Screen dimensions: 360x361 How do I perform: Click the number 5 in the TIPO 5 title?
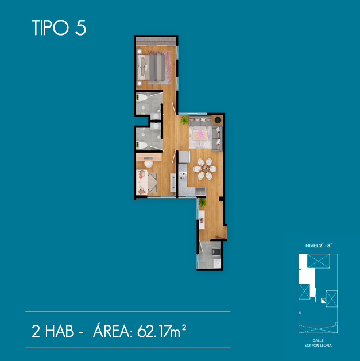click(x=80, y=28)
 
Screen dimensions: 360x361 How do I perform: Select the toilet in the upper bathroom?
click(x=141, y=98)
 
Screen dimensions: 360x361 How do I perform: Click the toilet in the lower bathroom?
click(x=141, y=145)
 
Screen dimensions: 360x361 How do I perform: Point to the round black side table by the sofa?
click(x=218, y=120)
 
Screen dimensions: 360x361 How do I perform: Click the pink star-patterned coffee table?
click(x=200, y=134)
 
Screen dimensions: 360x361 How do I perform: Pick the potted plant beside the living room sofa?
click(x=184, y=120)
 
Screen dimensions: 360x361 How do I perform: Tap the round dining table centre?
click(x=205, y=169)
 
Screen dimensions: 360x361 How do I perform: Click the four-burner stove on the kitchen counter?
click(x=183, y=176)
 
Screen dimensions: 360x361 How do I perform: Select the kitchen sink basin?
click(x=200, y=191)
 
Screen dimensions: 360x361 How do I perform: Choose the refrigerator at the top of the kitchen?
click(x=184, y=157)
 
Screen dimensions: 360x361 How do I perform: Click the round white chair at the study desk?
click(x=148, y=164)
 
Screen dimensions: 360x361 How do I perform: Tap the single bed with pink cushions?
click(x=142, y=182)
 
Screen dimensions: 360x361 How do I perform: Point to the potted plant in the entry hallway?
click(x=203, y=202)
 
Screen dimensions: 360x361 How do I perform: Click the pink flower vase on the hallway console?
click(x=202, y=220)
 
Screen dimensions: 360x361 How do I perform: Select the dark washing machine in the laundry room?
click(x=216, y=251)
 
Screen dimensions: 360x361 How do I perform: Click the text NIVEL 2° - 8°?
click(x=318, y=246)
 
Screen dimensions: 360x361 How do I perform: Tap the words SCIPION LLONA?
click(x=318, y=346)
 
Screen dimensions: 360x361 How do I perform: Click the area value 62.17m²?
click(x=161, y=331)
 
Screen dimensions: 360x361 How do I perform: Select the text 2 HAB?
click(x=53, y=331)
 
